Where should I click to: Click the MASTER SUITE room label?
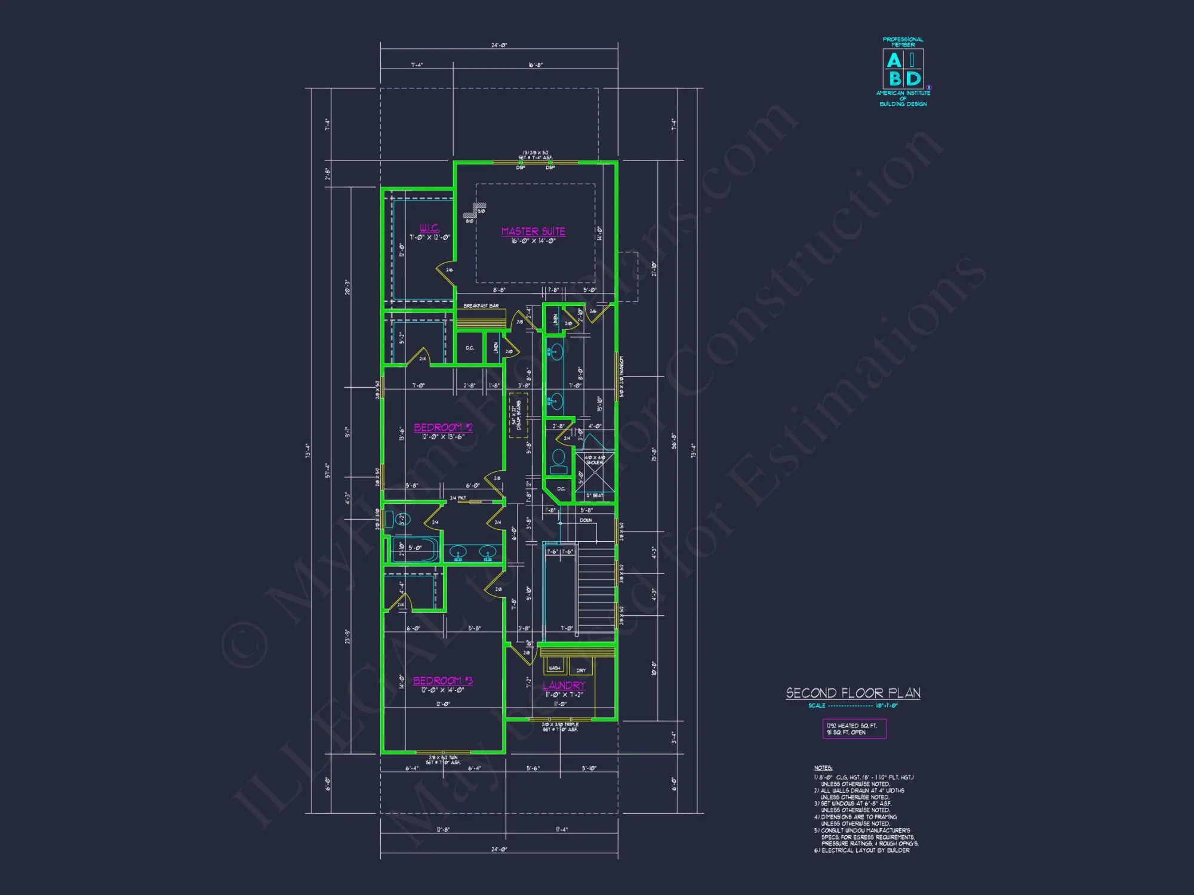(x=533, y=232)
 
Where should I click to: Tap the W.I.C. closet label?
(x=429, y=228)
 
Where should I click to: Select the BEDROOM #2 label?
(x=443, y=427)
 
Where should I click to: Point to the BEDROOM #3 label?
(x=442, y=681)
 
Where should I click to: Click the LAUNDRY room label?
(x=564, y=686)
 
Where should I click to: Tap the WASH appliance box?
(x=555, y=668)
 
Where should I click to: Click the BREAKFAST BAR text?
(x=481, y=306)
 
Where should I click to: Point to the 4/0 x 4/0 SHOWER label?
(x=595, y=460)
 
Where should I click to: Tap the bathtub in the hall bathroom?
(x=414, y=549)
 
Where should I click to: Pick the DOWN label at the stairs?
(x=586, y=520)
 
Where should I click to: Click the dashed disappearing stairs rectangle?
(x=518, y=415)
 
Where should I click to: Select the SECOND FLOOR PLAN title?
(x=853, y=693)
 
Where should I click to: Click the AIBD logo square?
(x=903, y=69)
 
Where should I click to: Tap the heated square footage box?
(x=854, y=729)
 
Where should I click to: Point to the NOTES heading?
(x=823, y=768)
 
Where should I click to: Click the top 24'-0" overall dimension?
(x=499, y=45)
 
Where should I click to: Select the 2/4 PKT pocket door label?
(x=458, y=498)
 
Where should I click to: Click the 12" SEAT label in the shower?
(x=594, y=495)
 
